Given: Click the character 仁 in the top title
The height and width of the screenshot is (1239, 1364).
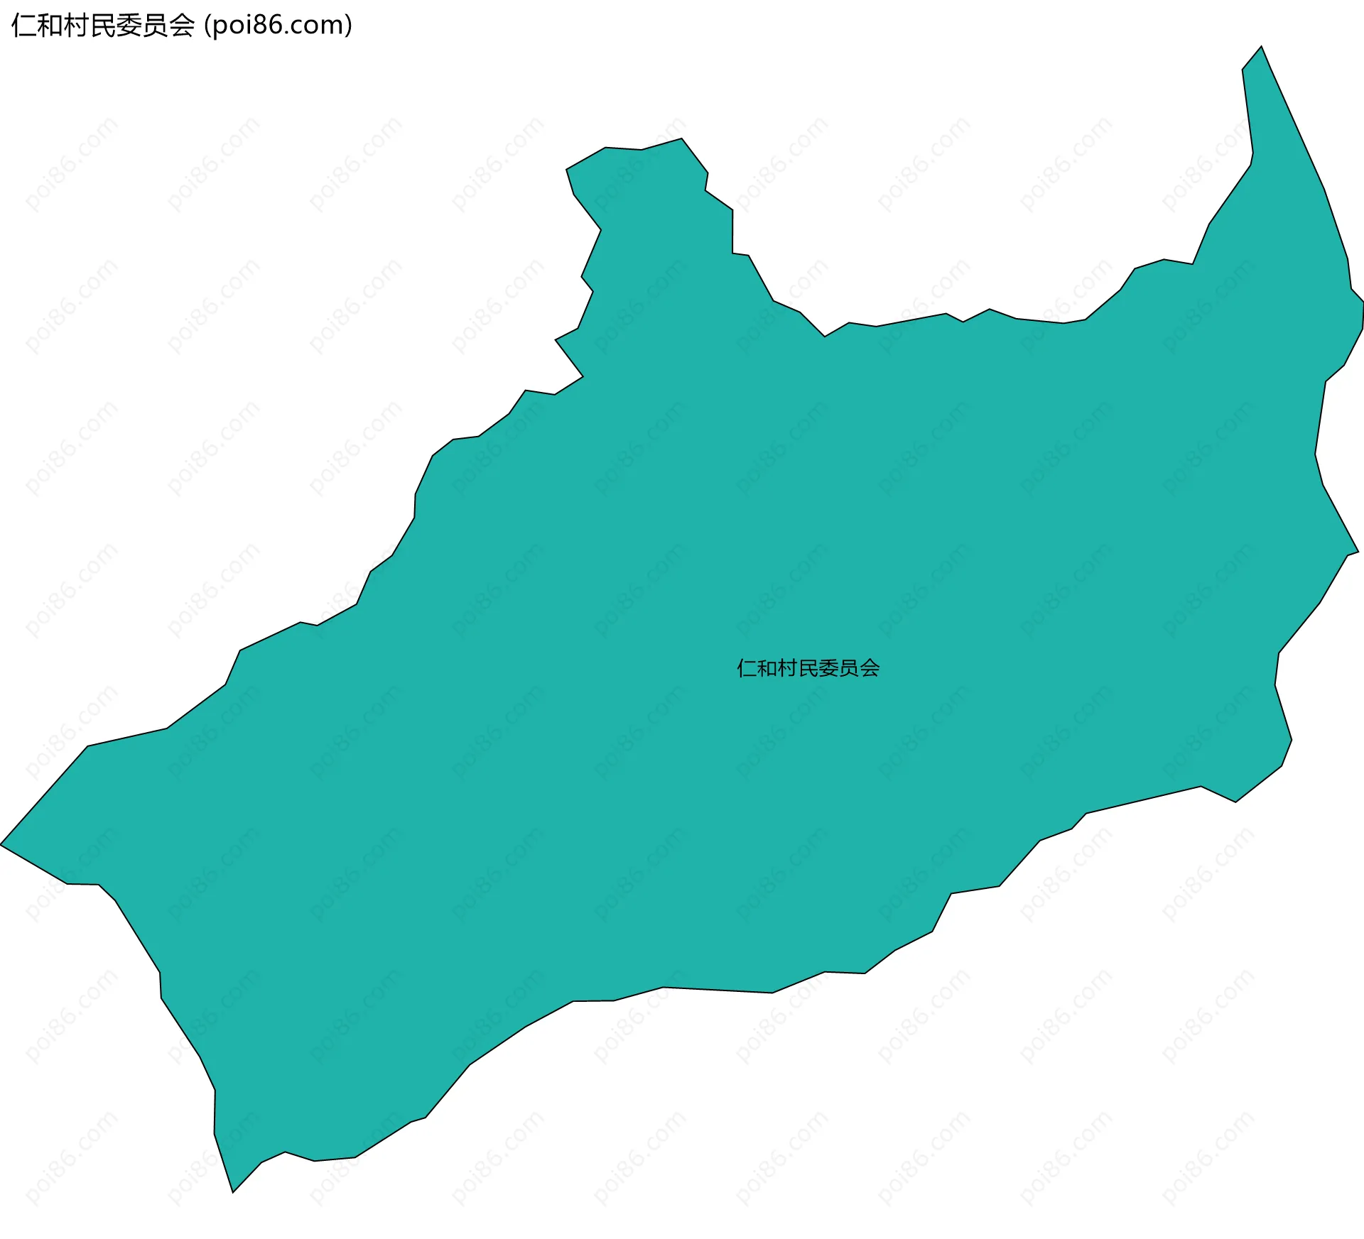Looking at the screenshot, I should [23, 26].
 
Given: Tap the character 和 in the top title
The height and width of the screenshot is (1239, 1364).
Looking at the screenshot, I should [50, 26].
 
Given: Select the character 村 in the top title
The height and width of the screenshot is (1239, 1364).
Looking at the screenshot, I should [76, 26].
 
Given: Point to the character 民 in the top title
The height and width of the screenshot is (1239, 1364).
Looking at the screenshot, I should [102, 26].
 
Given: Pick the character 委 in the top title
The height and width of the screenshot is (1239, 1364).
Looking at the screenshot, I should [129, 26].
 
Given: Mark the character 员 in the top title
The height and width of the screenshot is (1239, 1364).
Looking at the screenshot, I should [155, 26].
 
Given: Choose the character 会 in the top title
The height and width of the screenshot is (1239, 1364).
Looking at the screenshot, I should [181, 26].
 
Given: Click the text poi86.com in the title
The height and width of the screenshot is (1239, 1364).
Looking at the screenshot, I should [278, 26].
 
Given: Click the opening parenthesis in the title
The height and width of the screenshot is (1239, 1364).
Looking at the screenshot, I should [207, 26].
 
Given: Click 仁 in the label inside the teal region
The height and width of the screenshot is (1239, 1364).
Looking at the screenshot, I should [747, 668].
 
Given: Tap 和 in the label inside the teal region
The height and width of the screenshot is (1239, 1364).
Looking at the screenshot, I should [767, 668].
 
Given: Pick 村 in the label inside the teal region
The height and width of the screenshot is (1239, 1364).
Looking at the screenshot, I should [788, 668].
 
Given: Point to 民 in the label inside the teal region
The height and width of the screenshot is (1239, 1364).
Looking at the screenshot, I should [808, 668].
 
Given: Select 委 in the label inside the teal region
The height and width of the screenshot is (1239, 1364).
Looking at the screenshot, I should [829, 668].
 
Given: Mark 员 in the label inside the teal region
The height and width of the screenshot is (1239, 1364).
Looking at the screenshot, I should [850, 668].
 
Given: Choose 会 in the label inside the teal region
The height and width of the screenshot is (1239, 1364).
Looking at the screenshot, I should [870, 668].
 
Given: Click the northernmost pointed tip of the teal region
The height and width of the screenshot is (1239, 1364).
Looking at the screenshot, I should [1261, 48].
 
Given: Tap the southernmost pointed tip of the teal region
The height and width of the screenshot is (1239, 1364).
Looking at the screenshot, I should [233, 1191].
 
